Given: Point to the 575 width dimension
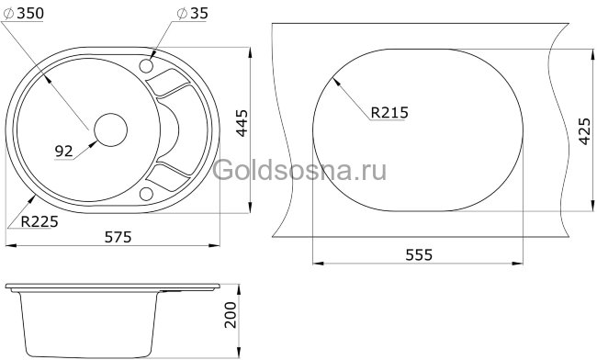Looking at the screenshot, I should (117, 237).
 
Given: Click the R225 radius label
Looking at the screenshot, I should (27, 220).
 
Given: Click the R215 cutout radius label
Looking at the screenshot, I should (389, 113).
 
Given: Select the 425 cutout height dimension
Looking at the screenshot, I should (582, 135).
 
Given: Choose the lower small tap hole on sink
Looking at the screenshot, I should (145, 193).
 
